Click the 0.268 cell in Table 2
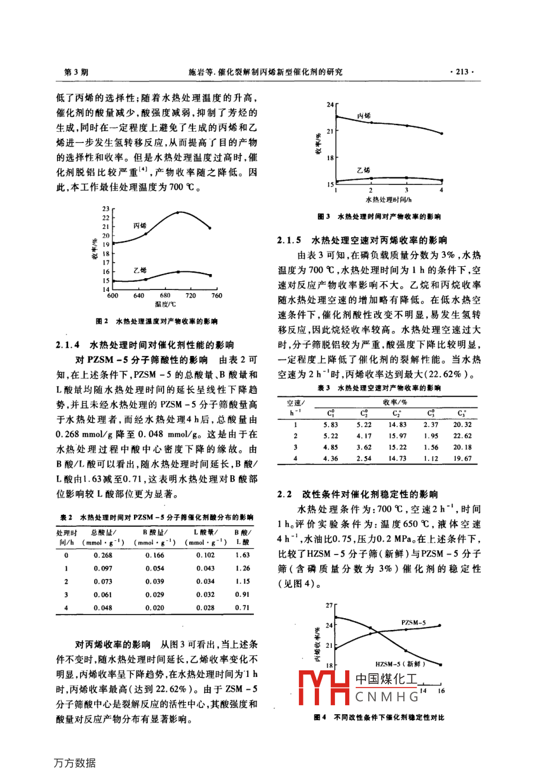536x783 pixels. click(x=103, y=555)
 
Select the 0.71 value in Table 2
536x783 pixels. click(x=242, y=607)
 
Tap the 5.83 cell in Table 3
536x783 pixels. click(x=331, y=425)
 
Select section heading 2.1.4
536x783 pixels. click(x=144, y=345)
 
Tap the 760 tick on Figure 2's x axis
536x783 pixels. click(x=216, y=295)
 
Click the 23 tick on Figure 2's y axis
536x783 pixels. click(x=106, y=209)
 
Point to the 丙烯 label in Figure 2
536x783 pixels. click(x=140, y=226)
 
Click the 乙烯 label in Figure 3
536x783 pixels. click(x=363, y=170)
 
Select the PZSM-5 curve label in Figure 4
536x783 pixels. click(x=413, y=623)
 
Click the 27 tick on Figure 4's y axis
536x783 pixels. click(x=330, y=606)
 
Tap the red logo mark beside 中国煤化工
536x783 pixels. click(x=323, y=687)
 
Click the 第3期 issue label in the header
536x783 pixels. click(x=76, y=72)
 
